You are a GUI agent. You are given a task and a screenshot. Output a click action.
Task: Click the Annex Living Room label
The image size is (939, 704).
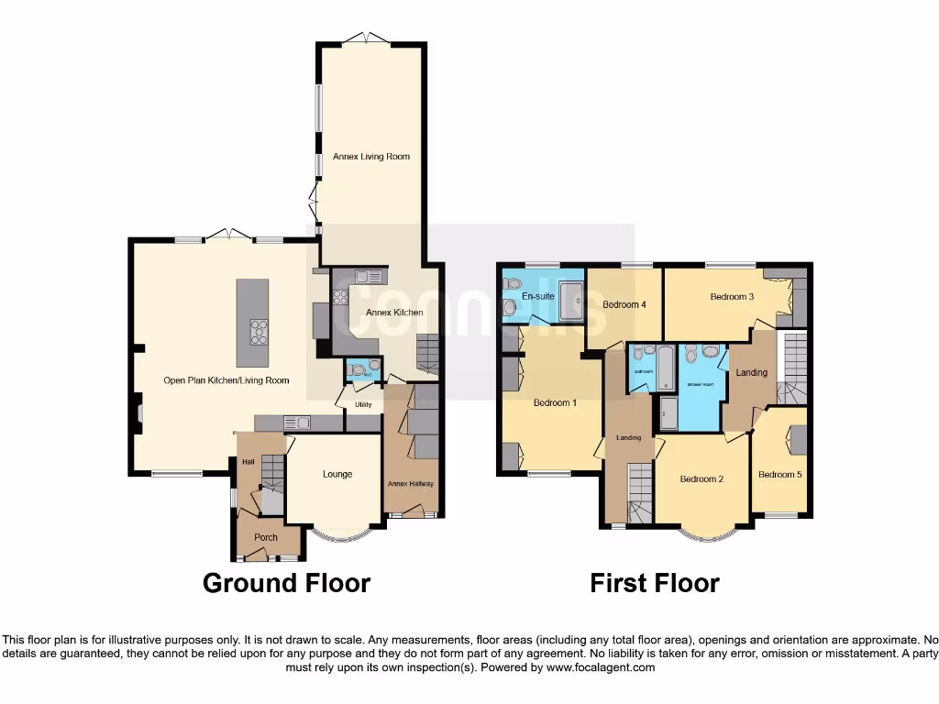(370, 157)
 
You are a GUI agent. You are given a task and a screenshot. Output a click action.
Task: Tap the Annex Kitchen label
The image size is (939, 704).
(394, 313)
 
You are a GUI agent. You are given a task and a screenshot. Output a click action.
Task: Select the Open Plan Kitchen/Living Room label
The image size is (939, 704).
(226, 380)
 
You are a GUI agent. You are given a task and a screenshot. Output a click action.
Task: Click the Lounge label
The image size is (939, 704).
(337, 474)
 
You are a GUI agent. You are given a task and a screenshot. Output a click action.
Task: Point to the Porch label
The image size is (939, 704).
(266, 537)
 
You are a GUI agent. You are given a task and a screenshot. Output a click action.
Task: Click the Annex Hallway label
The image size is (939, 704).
(411, 484)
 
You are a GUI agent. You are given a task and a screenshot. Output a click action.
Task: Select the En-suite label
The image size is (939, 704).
(536, 298)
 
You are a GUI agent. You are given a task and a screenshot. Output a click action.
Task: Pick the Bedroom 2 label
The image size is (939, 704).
(701, 479)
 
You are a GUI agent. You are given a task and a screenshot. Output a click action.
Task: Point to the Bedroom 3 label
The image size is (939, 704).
(732, 297)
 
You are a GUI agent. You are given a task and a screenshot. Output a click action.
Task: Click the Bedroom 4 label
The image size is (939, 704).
(624, 304)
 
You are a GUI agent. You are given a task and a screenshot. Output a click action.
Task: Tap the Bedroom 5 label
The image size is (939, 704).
(779, 475)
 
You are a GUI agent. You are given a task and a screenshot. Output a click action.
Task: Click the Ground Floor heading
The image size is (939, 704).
(286, 583)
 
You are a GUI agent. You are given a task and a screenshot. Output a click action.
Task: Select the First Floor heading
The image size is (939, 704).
(655, 583)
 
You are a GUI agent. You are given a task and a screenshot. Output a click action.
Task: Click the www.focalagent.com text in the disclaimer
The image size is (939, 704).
(601, 668)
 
